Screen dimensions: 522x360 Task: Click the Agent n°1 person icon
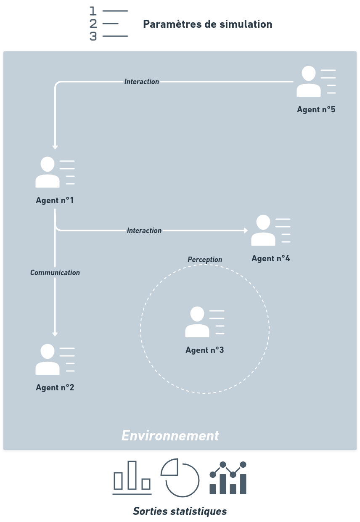(48, 172)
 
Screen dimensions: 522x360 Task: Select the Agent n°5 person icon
(308, 81)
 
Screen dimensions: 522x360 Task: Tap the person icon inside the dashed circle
(197, 322)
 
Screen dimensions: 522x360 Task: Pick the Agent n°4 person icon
(263, 230)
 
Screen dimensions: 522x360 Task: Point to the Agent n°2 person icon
(48, 359)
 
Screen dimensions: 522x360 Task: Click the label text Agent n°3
(204, 350)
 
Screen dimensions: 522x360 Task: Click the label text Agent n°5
(316, 110)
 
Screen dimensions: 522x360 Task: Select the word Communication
(55, 273)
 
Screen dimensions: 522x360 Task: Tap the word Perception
(205, 260)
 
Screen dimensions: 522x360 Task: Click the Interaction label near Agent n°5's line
(142, 82)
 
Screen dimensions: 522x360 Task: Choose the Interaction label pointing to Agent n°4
(144, 231)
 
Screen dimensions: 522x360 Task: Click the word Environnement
(170, 435)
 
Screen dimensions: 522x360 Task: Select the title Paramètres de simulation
(207, 24)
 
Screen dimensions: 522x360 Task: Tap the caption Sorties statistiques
(180, 511)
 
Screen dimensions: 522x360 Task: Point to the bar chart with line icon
(228, 478)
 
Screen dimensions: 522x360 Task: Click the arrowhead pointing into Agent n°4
(246, 231)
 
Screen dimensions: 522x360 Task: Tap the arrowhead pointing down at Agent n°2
(55, 334)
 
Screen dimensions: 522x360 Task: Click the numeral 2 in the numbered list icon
(93, 24)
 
